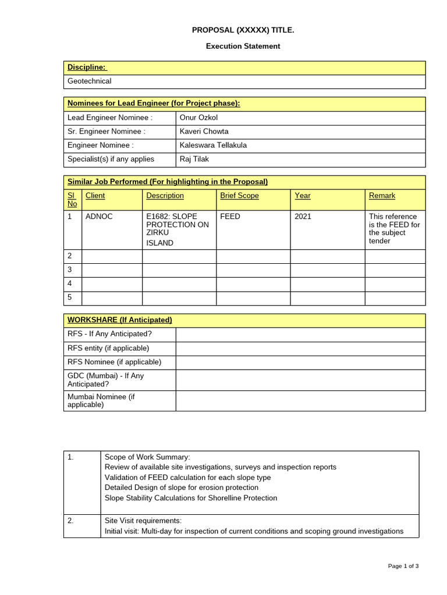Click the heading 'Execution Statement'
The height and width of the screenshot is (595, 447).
point(243,46)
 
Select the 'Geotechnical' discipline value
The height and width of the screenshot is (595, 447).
point(89,81)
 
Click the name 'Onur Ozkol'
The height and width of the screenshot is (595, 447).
point(198,118)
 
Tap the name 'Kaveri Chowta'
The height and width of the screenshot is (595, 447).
point(204,131)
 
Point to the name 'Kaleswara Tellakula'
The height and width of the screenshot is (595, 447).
point(214,145)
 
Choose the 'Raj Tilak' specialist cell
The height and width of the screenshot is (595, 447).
point(194,159)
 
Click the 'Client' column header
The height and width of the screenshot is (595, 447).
point(95,196)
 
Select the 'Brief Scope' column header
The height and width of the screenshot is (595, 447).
point(239,196)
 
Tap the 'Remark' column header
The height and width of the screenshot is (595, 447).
point(382,196)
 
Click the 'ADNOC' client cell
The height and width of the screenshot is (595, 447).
point(99,217)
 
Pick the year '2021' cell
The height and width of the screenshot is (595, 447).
point(303,217)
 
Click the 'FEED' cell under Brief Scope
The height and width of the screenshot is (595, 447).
point(230,217)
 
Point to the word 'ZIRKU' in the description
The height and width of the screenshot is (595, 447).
point(158,233)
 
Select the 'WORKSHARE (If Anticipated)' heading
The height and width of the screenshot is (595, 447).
point(120,320)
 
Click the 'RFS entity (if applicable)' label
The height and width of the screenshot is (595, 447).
point(109,348)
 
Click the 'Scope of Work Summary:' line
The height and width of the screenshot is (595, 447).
point(147,457)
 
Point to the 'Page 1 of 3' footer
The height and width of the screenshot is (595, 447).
point(403,566)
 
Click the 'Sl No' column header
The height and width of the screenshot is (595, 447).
point(72,199)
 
